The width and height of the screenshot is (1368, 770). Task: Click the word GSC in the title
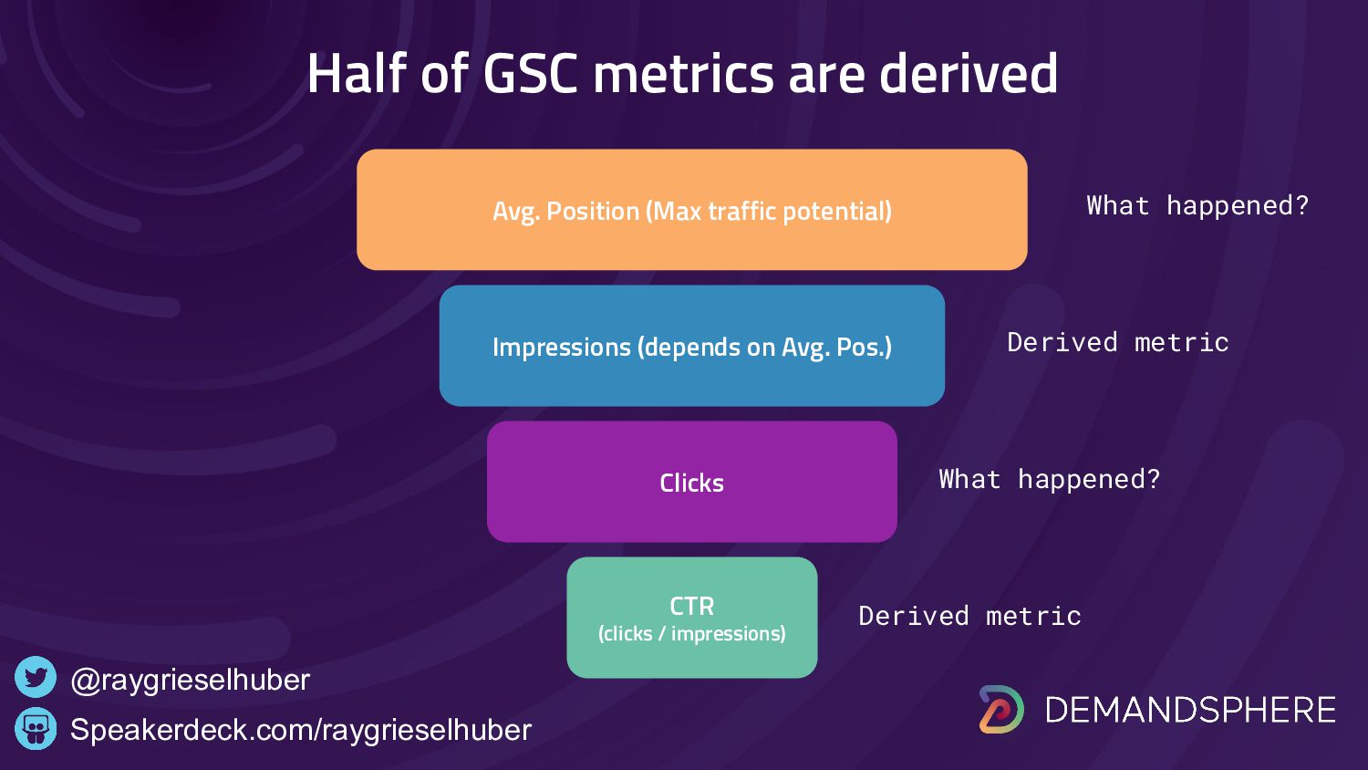pyautogui.click(x=530, y=73)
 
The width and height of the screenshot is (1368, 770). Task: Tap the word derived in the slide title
pyautogui.click(x=968, y=72)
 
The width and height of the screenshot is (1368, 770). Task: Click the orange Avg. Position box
pyautogui.click(x=692, y=210)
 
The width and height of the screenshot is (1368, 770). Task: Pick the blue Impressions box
pyautogui.click(x=692, y=346)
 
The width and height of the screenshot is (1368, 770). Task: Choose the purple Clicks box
pyautogui.click(x=692, y=482)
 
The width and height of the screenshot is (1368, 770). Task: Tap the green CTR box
pyautogui.click(x=692, y=618)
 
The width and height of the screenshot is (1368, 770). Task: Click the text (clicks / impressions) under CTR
pyautogui.click(x=692, y=634)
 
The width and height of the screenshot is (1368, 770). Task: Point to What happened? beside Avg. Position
pyautogui.click(x=1197, y=206)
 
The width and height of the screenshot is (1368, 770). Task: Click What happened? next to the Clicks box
pyautogui.click(x=1049, y=480)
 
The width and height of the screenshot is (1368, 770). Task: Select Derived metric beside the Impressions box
pyautogui.click(x=1117, y=342)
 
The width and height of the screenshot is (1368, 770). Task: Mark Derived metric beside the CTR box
pyautogui.click(x=969, y=616)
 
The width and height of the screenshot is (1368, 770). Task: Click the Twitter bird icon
pyautogui.click(x=36, y=677)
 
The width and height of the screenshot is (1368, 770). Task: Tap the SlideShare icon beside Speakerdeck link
pyautogui.click(x=36, y=728)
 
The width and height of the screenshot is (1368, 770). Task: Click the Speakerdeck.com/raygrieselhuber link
pyautogui.click(x=301, y=730)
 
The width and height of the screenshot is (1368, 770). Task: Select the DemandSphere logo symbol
pyautogui.click(x=1001, y=710)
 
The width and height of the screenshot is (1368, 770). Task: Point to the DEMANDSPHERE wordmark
pyautogui.click(x=1190, y=710)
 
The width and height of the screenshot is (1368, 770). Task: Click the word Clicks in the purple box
pyautogui.click(x=692, y=483)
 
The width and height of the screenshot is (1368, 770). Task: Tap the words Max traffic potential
pyautogui.click(x=769, y=212)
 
